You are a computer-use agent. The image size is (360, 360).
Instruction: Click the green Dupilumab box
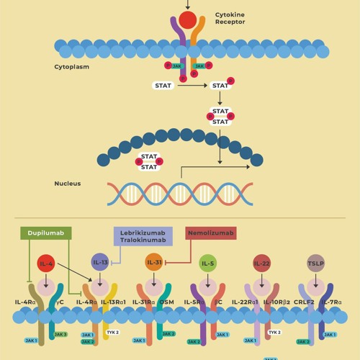[47, 233]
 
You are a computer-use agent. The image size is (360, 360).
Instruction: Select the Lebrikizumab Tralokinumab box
[143, 235]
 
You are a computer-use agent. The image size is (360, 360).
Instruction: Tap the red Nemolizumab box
[211, 233]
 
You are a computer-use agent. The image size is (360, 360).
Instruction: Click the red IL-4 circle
[46, 264]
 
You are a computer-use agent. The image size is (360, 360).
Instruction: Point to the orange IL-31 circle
[154, 262]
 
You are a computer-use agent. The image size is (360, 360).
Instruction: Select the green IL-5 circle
[207, 263]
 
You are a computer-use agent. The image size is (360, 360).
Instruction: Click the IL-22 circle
[261, 263]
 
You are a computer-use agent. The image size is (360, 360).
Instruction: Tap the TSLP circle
[315, 263]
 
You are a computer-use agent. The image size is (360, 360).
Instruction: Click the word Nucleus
[67, 184]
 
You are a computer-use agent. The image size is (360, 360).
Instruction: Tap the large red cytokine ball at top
[188, 19]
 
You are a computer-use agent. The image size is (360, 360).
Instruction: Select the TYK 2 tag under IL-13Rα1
[112, 333]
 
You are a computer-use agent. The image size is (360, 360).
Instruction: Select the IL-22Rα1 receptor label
[245, 302]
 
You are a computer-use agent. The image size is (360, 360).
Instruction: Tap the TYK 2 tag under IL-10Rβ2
[274, 333]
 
